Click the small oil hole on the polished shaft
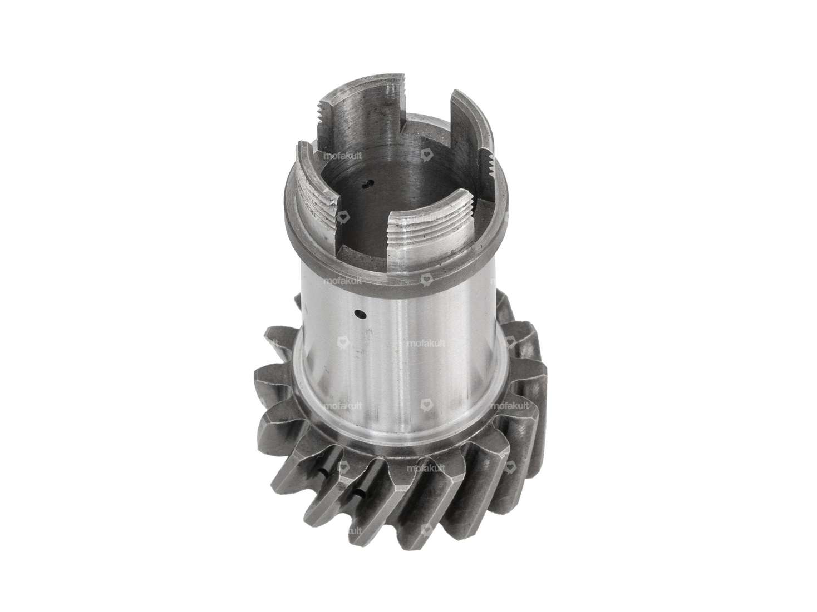pos(361,314)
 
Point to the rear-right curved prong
pos(473,120)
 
